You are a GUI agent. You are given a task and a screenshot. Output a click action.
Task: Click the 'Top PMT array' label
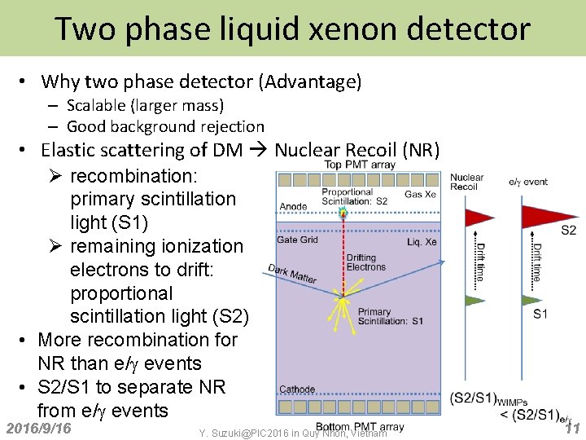[x=360, y=165]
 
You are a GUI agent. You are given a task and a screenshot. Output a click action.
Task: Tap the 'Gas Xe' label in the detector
[x=421, y=195]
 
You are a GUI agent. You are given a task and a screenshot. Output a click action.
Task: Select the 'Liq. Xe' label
[x=422, y=242]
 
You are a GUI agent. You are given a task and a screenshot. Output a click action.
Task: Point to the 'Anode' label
[x=293, y=207]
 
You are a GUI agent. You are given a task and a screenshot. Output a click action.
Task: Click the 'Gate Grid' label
[x=297, y=240]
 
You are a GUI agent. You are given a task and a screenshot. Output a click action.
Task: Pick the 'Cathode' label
[x=297, y=389]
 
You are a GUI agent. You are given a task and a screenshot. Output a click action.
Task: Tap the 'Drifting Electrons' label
[x=365, y=262]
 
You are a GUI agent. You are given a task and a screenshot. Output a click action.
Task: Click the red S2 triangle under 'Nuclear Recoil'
[x=479, y=217]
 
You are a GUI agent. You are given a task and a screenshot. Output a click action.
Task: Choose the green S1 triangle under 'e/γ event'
[x=539, y=300]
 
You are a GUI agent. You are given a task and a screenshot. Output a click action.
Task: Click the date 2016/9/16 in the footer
[x=38, y=429]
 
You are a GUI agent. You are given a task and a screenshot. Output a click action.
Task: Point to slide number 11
[x=571, y=429]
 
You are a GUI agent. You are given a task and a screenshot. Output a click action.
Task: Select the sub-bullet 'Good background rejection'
[x=165, y=126]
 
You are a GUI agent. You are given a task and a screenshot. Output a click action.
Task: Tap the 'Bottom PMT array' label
[x=359, y=426]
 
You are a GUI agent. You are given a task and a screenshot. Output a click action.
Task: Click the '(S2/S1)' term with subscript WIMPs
[x=474, y=398]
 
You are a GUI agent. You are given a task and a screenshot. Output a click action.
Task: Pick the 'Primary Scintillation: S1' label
[x=390, y=316]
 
